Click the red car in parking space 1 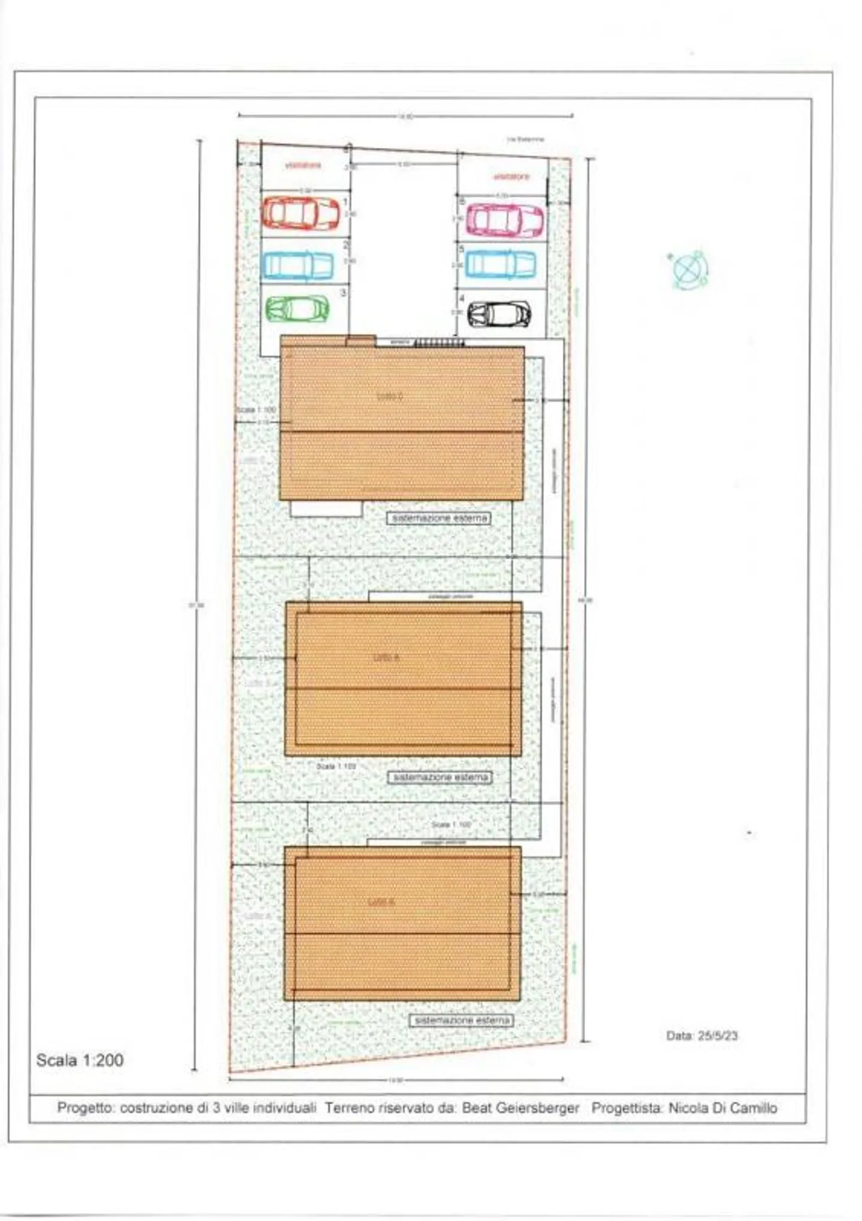click(x=301, y=213)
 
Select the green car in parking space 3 click(x=298, y=308)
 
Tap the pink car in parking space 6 click(x=505, y=220)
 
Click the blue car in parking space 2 click(x=298, y=265)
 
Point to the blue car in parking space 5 click(x=500, y=264)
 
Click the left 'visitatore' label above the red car click(x=303, y=165)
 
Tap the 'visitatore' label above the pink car click(x=511, y=176)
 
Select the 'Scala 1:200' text click(x=80, y=1060)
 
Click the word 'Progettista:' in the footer click(x=627, y=1108)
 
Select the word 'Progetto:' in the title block click(x=86, y=1108)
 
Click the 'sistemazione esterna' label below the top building click(x=439, y=518)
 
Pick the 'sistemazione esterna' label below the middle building click(x=440, y=777)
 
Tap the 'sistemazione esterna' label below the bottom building click(x=461, y=1020)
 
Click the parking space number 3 click(x=343, y=293)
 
